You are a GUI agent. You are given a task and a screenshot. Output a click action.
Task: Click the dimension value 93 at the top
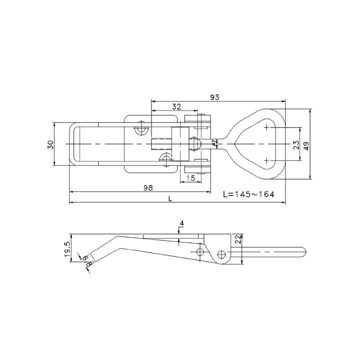pyautogui.click(x=214, y=97)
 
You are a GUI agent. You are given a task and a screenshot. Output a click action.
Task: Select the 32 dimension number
pyautogui.click(x=176, y=106)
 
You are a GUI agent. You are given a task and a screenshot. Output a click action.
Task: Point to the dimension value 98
pyautogui.click(x=147, y=187)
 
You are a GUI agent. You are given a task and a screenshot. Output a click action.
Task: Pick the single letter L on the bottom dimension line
pyautogui.click(x=171, y=198)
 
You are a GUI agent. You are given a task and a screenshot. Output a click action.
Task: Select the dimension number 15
pyautogui.click(x=190, y=178)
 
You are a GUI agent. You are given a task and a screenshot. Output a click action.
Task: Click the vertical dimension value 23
pyautogui.click(x=296, y=145)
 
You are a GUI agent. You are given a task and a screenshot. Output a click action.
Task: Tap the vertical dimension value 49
pyautogui.click(x=306, y=145)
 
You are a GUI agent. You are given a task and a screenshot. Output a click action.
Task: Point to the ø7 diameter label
pyautogui.click(x=215, y=143)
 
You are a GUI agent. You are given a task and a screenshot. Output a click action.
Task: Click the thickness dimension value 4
pyautogui.click(x=182, y=222)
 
